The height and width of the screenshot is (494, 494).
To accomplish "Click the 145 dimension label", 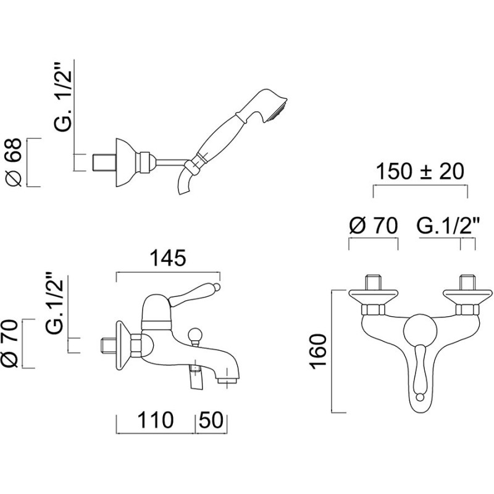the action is coord(167,258).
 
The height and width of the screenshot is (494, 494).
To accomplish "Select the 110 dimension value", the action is coord(156,420).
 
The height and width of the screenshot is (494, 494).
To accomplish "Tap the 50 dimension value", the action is coord(211,420).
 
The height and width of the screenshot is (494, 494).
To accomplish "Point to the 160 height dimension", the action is coord(317,351).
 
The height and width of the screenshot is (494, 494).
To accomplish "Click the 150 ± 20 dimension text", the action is coord(421,172).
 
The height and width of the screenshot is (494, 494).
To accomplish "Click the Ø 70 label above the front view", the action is coord(374,225).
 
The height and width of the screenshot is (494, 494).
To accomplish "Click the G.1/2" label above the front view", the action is coord(449,225).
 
